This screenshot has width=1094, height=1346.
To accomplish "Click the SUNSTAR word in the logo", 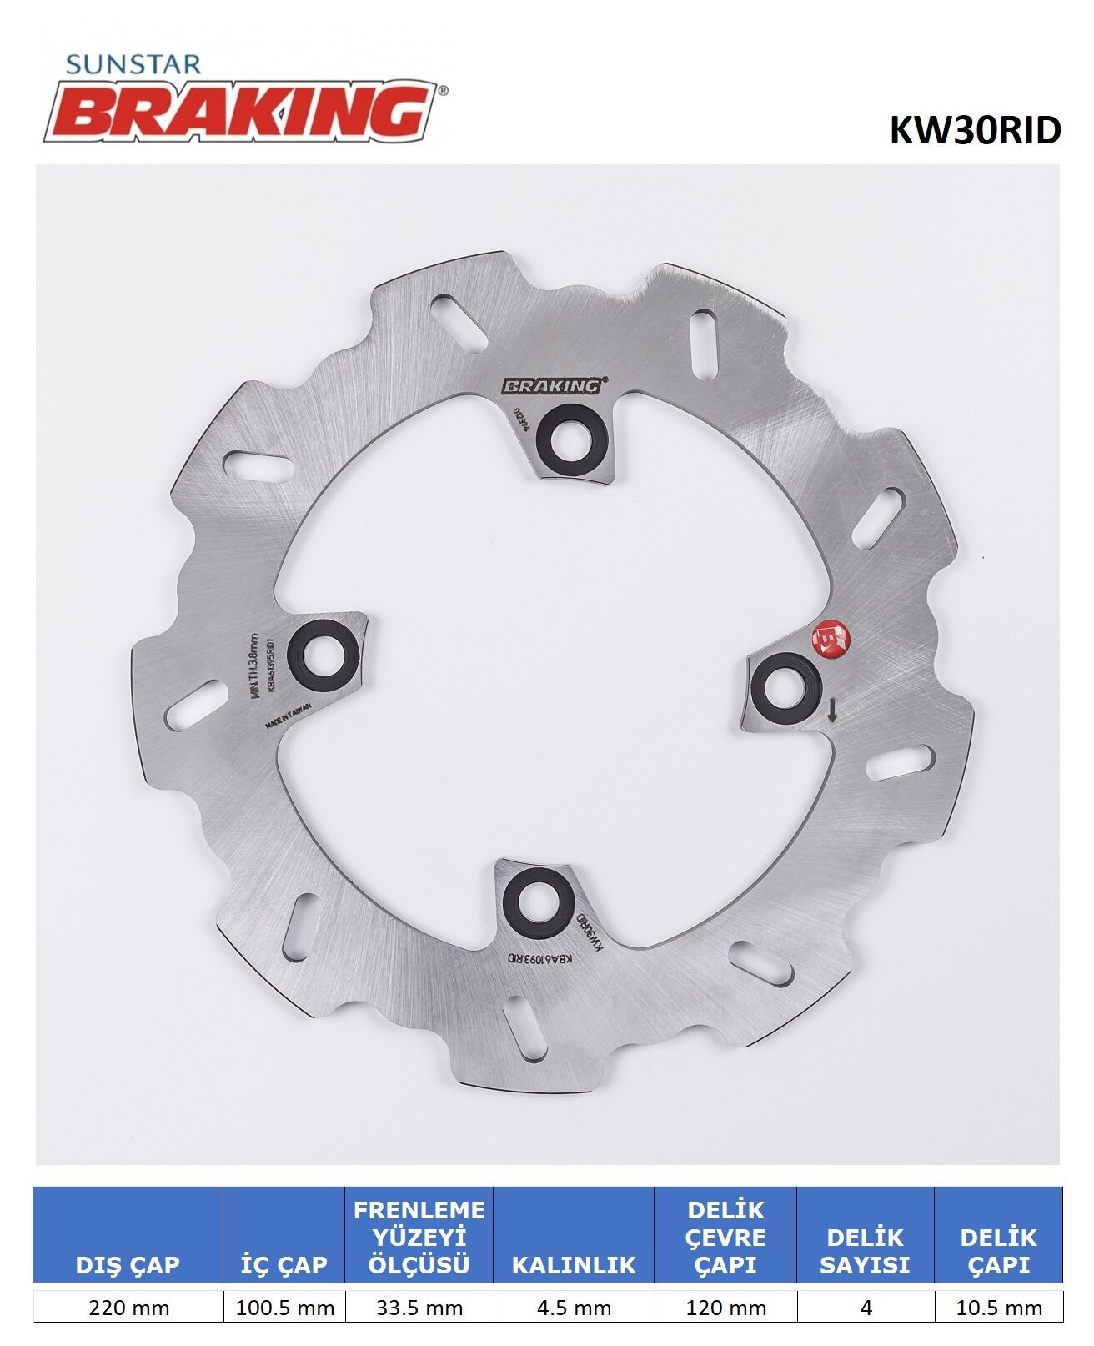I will point(133,64).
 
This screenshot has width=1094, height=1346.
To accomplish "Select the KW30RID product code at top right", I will point(975,130).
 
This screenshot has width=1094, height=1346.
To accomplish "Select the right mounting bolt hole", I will point(785,686).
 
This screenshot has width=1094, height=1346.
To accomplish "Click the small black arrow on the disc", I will point(831,710).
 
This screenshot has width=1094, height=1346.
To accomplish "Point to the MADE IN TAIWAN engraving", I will point(288,716).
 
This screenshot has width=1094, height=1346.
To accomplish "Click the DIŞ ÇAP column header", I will point(128,1264).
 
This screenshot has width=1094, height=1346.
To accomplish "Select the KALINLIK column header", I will point(574,1264).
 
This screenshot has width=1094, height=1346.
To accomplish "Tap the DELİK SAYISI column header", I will point(865,1250).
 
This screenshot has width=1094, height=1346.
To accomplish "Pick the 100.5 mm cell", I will point(284,1308).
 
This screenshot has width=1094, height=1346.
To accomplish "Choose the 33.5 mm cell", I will point(419,1308).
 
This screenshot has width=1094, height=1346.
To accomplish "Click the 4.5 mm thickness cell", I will point(574,1308).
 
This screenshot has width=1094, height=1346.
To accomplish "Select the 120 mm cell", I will point(725,1308).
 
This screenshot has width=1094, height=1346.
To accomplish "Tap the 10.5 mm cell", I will point(999,1308).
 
